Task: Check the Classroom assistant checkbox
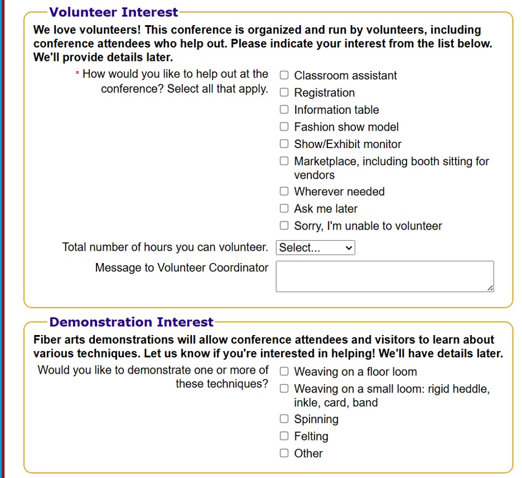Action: pyautogui.click(x=284, y=75)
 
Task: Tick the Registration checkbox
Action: pyautogui.click(x=284, y=93)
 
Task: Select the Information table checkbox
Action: pyautogui.click(x=284, y=109)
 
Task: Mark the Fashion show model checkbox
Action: pyautogui.click(x=284, y=127)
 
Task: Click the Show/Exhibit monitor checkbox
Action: pyautogui.click(x=284, y=144)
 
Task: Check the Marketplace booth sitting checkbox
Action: pyautogui.click(x=284, y=161)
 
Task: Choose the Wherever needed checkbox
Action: pyautogui.click(x=284, y=192)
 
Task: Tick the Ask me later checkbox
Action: pyautogui.click(x=284, y=209)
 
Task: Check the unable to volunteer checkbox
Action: pyautogui.click(x=284, y=226)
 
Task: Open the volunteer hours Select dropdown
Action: pyautogui.click(x=315, y=248)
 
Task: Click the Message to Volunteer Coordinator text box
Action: pyautogui.click(x=384, y=276)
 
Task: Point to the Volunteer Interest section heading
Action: pyautogui.click(x=114, y=12)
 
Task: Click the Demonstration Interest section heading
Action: pyautogui.click(x=131, y=322)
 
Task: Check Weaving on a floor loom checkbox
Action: pyautogui.click(x=284, y=371)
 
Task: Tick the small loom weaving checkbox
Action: pyautogui.click(x=284, y=389)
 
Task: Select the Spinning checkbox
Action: pyautogui.click(x=284, y=419)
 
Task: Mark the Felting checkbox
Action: pyautogui.click(x=284, y=436)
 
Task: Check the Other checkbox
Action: pyautogui.click(x=284, y=453)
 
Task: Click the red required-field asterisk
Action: pyautogui.click(x=78, y=74)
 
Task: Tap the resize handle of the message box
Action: pyautogui.click(x=490, y=288)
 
